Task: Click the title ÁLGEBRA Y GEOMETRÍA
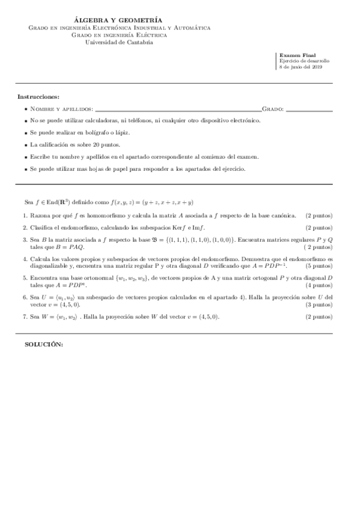point(120,20)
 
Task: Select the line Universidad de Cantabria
point(119,42)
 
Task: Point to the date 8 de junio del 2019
point(301,67)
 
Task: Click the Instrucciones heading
point(38,96)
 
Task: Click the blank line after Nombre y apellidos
point(178,109)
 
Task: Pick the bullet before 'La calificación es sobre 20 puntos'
point(25,145)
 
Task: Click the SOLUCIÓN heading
point(43,343)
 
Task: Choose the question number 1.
point(25,215)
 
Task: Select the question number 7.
point(25,316)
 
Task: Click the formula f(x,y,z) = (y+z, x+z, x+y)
point(163,203)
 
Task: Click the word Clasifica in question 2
point(41,227)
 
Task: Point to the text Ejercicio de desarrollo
point(304,61)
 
